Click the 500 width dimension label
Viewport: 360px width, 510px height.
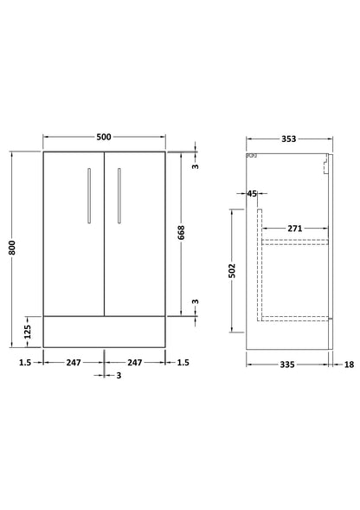click(105, 138)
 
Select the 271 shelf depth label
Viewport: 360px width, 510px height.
click(295, 228)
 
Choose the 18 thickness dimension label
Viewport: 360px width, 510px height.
click(349, 365)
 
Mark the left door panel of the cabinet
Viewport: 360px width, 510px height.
click(74, 234)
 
